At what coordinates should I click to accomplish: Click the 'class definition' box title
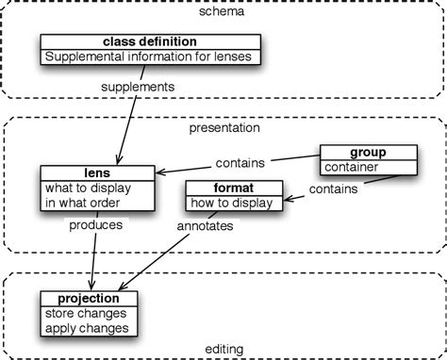click(149, 41)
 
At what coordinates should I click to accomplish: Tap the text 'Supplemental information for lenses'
click(150, 57)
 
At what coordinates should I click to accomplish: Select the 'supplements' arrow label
click(138, 87)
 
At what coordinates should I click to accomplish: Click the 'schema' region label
click(223, 12)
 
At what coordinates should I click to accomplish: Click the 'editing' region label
click(223, 350)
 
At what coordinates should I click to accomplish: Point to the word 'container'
click(351, 168)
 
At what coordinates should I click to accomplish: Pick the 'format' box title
click(233, 187)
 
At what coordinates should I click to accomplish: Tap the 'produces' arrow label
click(94, 226)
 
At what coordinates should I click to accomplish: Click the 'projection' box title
click(90, 298)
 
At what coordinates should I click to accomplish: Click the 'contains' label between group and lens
click(240, 161)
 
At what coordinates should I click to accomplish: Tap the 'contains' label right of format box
click(332, 188)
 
